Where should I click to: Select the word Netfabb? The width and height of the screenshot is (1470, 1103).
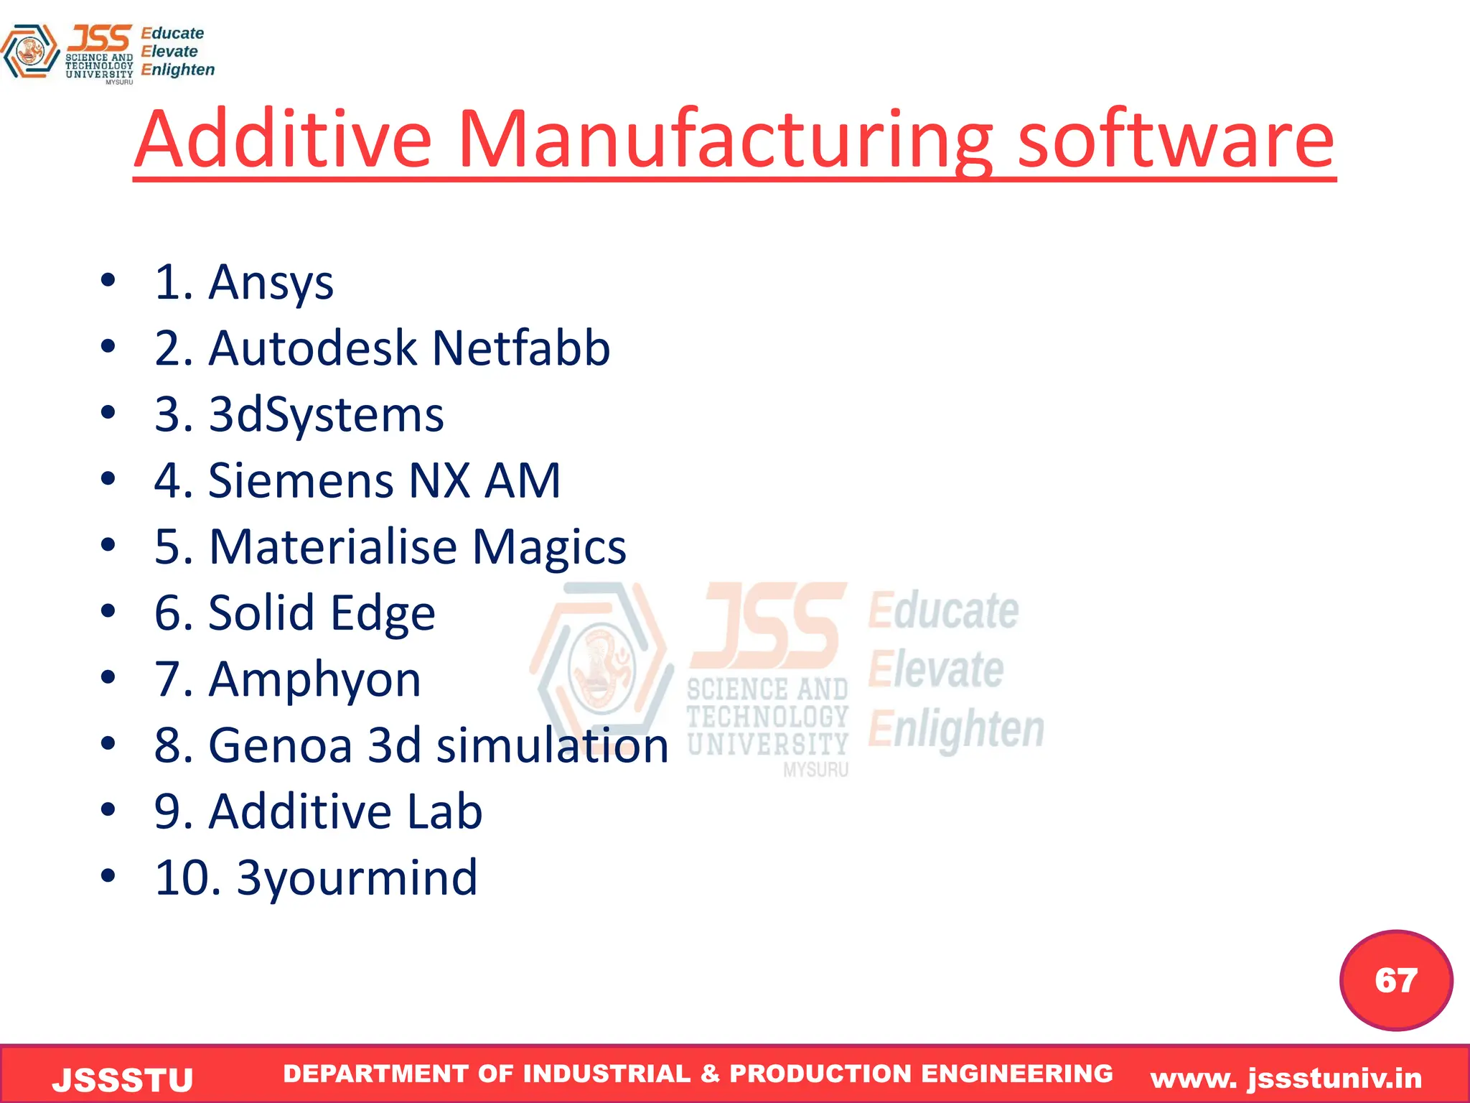[x=521, y=348]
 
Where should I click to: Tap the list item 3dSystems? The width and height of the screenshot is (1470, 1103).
[x=326, y=415]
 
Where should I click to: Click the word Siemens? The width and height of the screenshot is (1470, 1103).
[x=300, y=480]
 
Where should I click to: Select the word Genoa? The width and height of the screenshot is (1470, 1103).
[x=280, y=745]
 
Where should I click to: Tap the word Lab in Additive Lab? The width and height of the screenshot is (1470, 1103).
[x=444, y=811]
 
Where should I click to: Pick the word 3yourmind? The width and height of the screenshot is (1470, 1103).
[x=357, y=878]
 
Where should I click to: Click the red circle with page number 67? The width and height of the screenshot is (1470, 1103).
[x=1396, y=980]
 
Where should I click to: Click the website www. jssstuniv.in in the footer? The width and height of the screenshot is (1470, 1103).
[x=1286, y=1079]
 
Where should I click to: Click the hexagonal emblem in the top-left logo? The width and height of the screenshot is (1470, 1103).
[x=29, y=51]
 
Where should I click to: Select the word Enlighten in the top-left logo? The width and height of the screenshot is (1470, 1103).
[x=178, y=70]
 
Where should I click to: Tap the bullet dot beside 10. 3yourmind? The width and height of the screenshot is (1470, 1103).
[x=108, y=876]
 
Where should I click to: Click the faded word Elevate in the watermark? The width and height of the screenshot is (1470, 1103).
[x=935, y=669]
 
